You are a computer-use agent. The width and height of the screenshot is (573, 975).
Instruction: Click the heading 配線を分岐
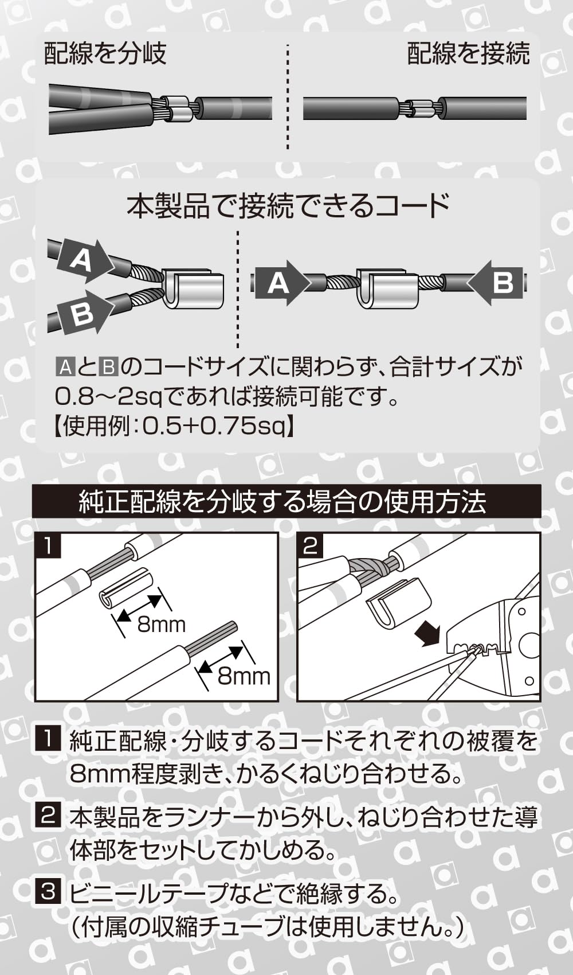105,53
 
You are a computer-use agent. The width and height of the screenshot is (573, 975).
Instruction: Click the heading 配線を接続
468,53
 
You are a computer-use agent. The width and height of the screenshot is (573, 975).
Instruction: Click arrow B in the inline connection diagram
499,283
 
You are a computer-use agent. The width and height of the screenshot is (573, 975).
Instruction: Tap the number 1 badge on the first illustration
48,545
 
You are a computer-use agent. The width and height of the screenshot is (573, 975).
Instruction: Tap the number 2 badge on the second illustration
310,545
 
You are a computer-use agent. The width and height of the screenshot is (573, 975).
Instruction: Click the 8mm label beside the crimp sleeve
162,624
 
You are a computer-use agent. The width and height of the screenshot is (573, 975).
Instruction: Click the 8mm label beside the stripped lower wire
244,677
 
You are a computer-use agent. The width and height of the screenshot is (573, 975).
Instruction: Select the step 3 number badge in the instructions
48,892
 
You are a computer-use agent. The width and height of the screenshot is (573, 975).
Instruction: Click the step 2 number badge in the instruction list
48,815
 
